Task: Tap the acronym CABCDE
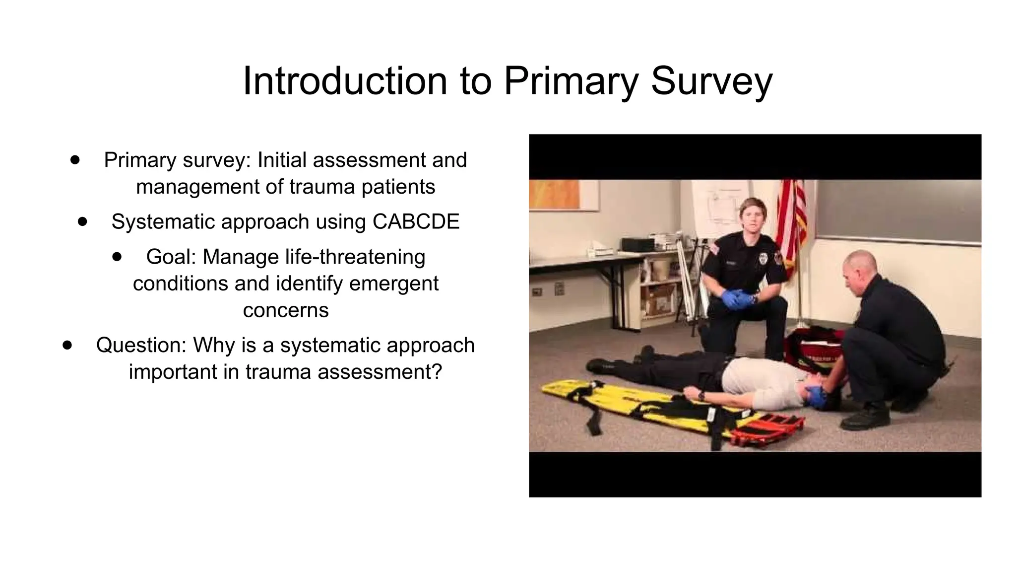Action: pyautogui.click(x=416, y=221)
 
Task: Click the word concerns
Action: pyautogui.click(x=286, y=310)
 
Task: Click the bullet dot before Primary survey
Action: pyautogui.click(x=75, y=160)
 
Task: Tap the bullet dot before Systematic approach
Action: pyautogui.click(x=82, y=221)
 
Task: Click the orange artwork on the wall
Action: pyautogui.click(x=555, y=194)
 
